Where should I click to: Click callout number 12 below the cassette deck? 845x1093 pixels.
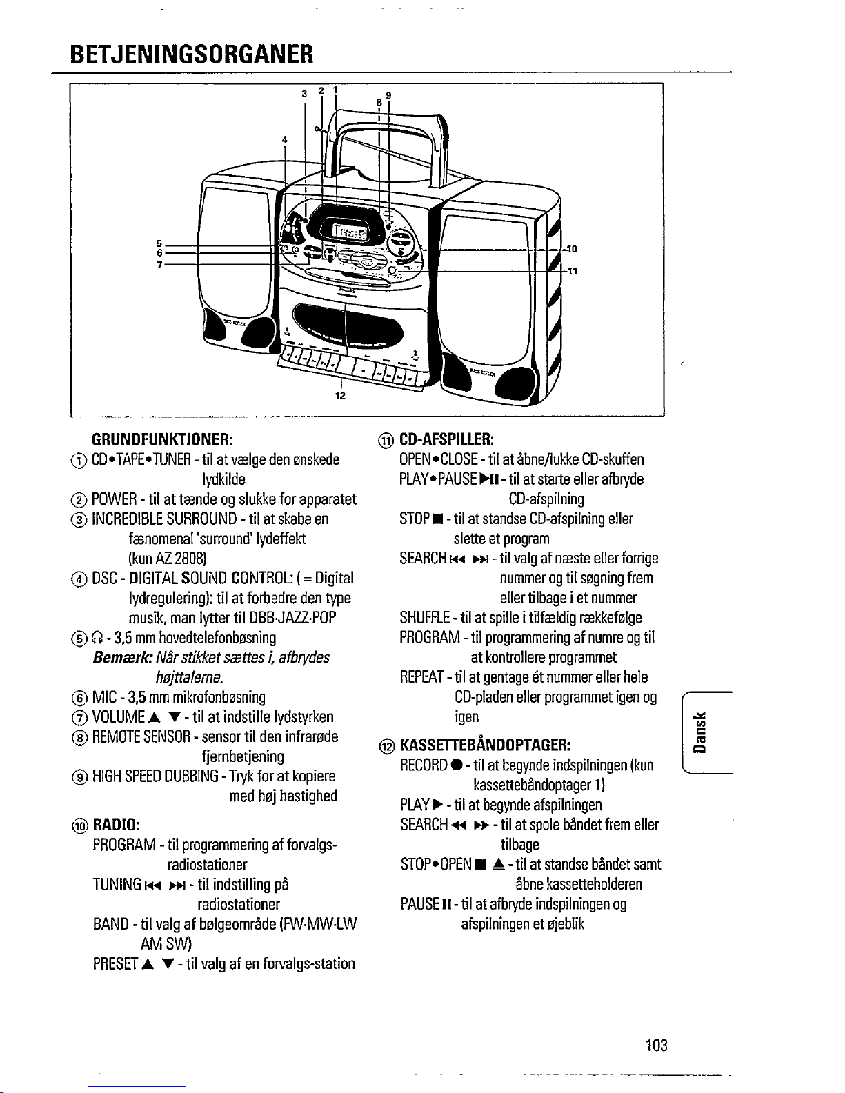click(x=340, y=396)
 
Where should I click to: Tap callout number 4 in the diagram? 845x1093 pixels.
click(x=284, y=139)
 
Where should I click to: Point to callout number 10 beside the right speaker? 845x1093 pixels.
click(x=572, y=248)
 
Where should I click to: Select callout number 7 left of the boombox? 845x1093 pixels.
click(x=159, y=265)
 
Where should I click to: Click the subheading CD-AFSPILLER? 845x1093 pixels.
click(x=446, y=439)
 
